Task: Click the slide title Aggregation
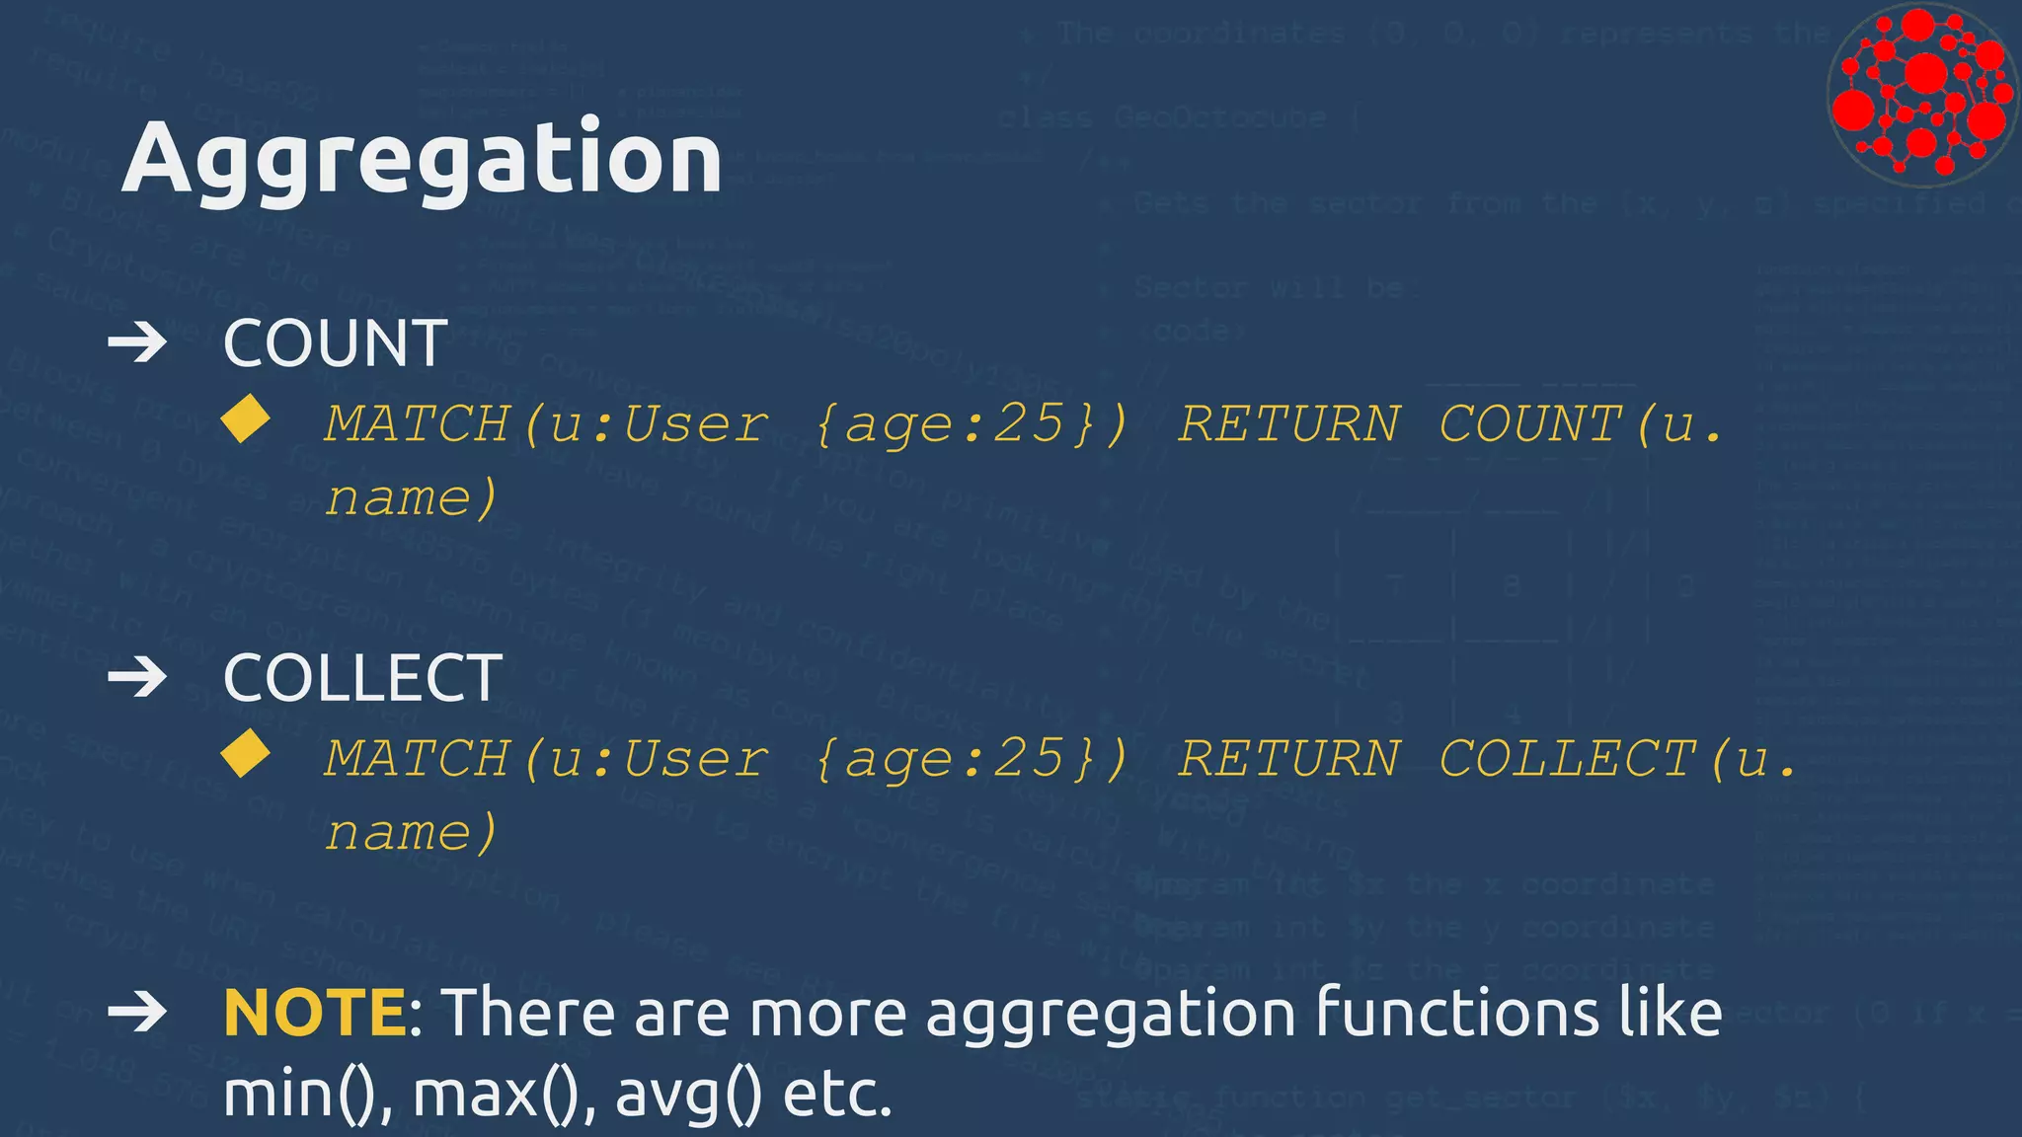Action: pos(422,158)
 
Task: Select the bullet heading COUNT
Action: pos(335,343)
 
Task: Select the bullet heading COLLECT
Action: pos(362,678)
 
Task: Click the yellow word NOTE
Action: pos(314,1013)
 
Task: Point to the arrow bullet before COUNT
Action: pos(137,343)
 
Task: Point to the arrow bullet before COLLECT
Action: pos(137,678)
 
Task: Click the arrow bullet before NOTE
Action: pos(137,1013)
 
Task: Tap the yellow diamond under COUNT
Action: pos(246,418)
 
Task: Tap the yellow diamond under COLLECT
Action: pos(246,754)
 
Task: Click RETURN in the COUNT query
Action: pos(1289,424)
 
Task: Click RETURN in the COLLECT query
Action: pos(1289,759)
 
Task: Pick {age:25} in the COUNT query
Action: pos(972,424)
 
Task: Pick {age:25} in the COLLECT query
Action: pos(972,759)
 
